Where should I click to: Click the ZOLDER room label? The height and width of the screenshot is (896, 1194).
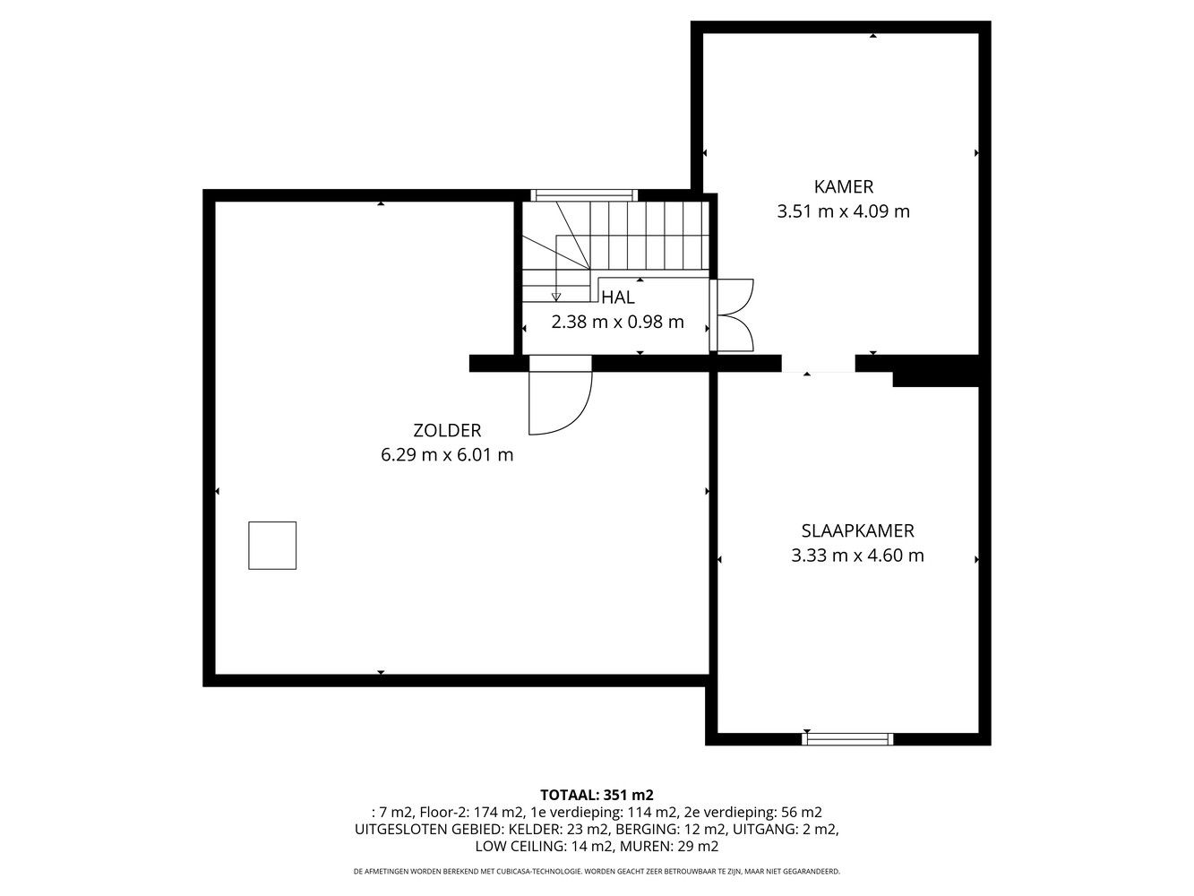(x=447, y=430)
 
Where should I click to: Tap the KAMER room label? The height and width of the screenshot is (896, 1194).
(x=844, y=186)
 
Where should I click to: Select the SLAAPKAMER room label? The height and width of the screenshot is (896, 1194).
(x=858, y=530)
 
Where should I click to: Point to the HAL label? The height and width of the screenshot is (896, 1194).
(x=618, y=297)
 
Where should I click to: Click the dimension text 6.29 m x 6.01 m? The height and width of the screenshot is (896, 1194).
(x=447, y=455)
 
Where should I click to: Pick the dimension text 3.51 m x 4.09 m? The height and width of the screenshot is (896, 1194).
(x=843, y=211)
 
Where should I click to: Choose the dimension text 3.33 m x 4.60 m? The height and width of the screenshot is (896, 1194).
(x=858, y=556)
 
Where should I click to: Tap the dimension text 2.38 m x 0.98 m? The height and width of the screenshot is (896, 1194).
(x=618, y=322)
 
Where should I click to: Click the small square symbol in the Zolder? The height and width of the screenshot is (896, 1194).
(x=272, y=546)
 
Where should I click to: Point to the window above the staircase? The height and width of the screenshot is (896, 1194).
(x=584, y=194)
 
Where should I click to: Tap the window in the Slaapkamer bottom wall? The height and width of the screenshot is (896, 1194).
(x=847, y=739)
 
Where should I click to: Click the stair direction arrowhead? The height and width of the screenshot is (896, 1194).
(x=556, y=297)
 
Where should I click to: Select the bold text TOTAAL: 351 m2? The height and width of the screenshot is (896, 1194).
(x=597, y=796)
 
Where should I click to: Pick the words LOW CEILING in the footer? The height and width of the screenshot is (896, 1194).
(x=519, y=847)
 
